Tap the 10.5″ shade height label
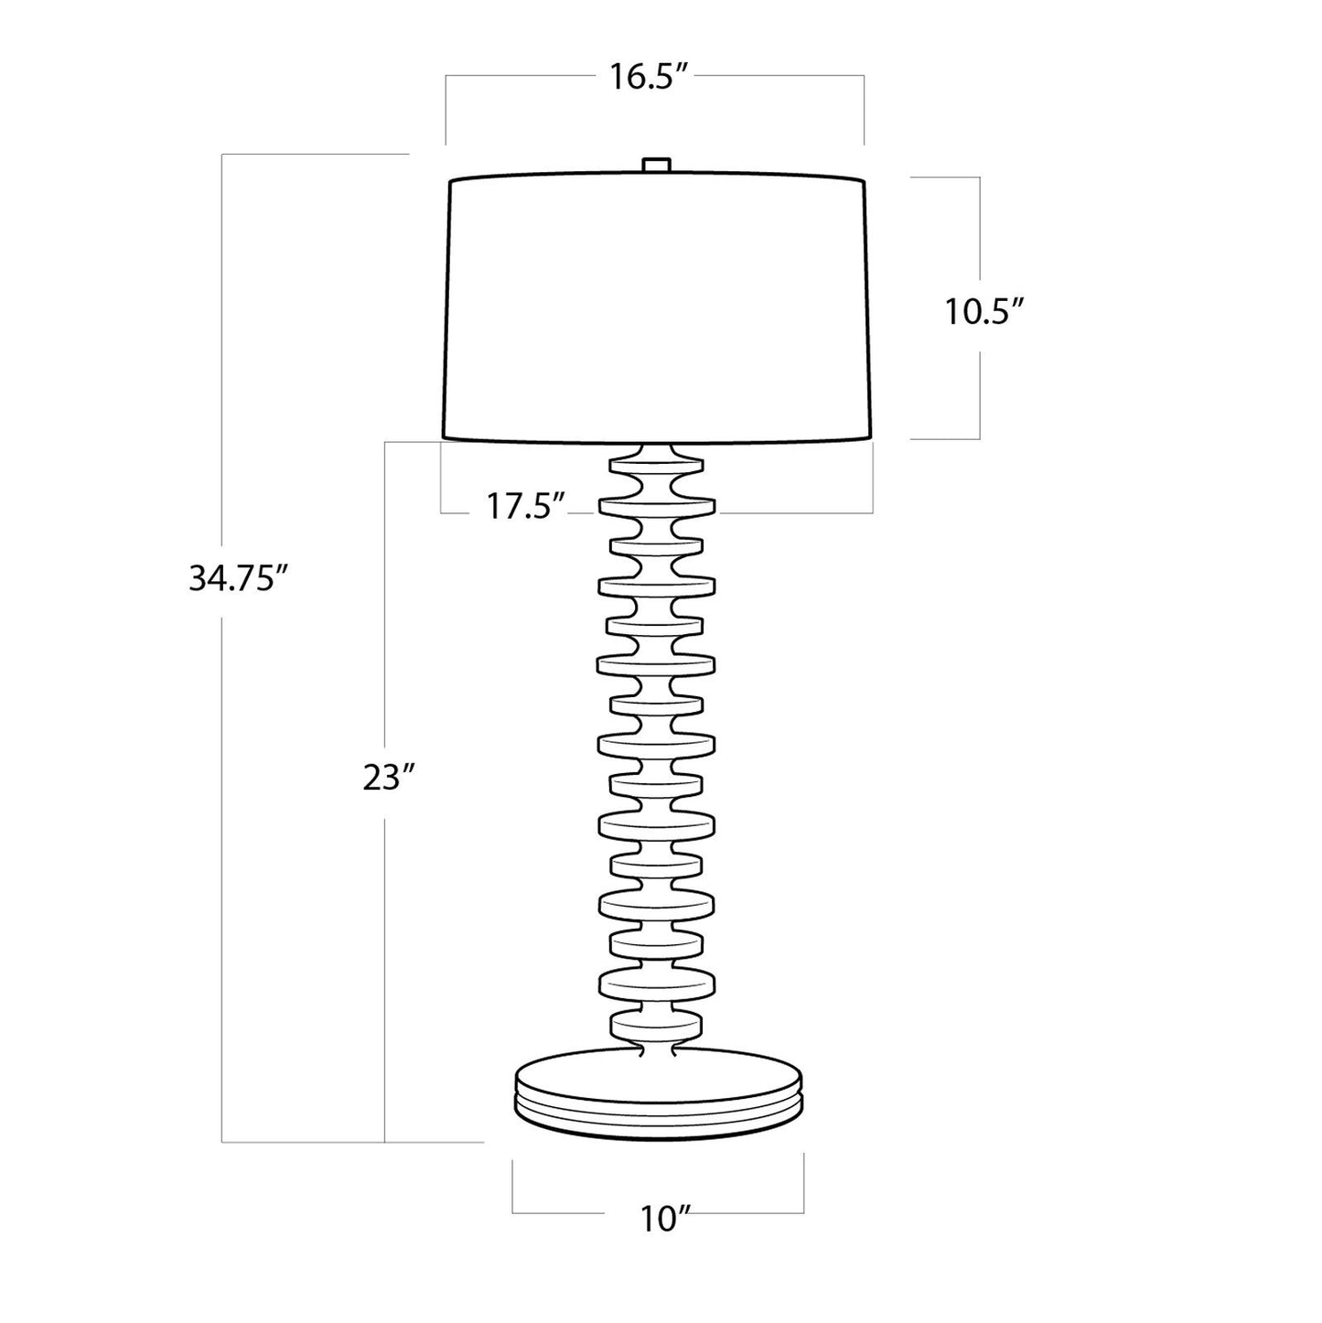[983, 313]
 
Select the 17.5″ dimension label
[525, 506]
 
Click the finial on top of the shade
[656, 165]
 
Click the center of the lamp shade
[657, 309]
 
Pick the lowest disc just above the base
[656, 1024]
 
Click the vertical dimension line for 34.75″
[222, 823]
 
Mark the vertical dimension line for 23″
[385, 961]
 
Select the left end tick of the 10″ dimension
[512, 1185]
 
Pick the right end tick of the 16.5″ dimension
[864, 110]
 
